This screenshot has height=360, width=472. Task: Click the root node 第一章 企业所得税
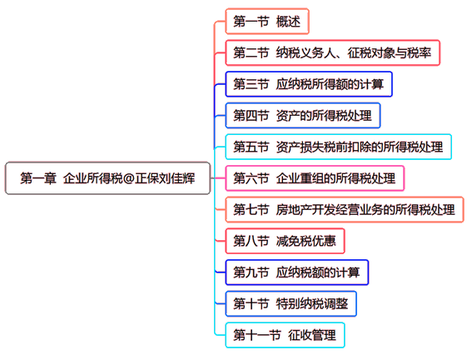(x=107, y=178)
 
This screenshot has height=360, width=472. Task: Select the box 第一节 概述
(x=267, y=22)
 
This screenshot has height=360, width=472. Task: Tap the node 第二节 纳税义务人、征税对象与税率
(x=332, y=52)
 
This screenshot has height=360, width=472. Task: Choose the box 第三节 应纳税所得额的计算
(x=309, y=84)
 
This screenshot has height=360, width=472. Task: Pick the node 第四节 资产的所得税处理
(x=302, y=115)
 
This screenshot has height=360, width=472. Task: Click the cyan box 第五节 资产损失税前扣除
(x=338, y=147)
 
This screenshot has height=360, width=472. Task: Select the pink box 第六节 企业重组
(x=315, y=178)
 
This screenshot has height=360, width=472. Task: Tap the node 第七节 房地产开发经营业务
(x=345, y=209)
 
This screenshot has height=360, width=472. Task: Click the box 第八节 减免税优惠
(x=285, y=241)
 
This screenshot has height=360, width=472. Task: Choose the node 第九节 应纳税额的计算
(x=297, y=272)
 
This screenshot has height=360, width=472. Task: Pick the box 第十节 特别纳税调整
(x=291, y=303)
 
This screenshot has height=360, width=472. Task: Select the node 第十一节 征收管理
(x=285, y=335)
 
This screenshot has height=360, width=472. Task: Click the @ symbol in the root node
(x=128, y=178)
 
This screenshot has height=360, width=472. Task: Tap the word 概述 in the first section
(x=288, y=22)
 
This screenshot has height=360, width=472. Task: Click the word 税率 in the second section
(x=419, y=52)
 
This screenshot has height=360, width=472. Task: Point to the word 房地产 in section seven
(x=294, y=209)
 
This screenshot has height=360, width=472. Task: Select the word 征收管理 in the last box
(x=312, y=335)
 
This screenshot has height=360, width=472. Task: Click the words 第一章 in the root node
(x=38, y=178)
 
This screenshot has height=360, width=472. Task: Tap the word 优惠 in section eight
(x=324, y=241)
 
